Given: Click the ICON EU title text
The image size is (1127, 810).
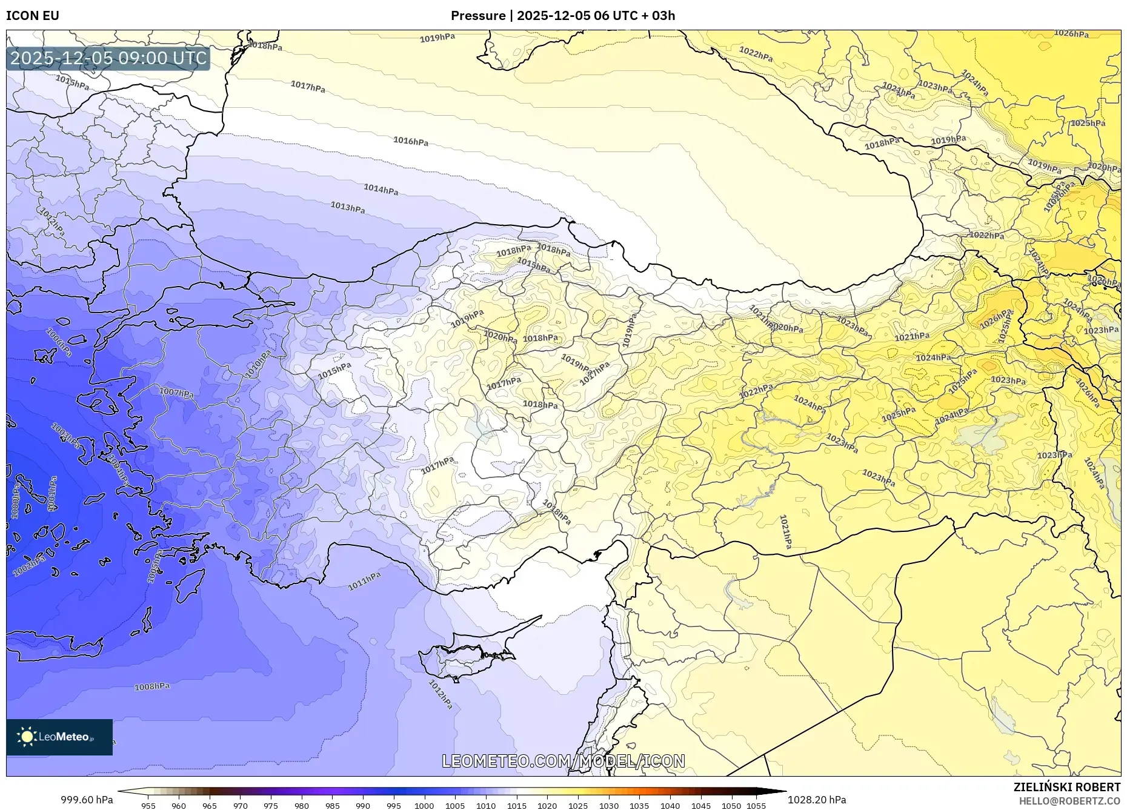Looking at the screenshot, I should point(33,16).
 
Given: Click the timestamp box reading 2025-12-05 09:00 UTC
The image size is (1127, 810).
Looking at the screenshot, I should point(108,58).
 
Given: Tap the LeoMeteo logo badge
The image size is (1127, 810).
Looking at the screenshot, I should point(59,737).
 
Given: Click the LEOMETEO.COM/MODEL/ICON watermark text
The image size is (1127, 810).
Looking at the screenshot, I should point(563,761).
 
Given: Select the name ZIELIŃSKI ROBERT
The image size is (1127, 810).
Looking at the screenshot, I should point(1066,787).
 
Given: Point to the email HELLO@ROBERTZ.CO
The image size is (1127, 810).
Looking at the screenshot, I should point(1069,801).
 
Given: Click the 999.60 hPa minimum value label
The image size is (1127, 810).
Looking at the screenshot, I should point(87,800).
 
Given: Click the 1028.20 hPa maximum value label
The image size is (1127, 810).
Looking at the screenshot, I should point(816,800).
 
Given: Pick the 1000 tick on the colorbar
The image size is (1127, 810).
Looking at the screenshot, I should point(424,806).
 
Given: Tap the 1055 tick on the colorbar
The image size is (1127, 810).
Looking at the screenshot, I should point(756,806).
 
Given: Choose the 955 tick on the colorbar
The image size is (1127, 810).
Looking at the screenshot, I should point(148,806).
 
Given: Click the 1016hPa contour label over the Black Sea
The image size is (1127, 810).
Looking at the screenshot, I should point(411,141).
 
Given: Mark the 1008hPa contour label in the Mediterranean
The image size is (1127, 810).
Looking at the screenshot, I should point(151,686).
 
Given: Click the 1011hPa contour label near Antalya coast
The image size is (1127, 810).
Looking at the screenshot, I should point(364,581).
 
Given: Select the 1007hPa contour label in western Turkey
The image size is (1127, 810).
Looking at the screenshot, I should point(176,393).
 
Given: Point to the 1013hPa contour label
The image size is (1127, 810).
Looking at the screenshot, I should point(347,207).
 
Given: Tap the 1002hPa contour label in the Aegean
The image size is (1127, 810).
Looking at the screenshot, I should point(28,566).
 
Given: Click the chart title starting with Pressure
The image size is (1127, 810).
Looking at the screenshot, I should point(563,16).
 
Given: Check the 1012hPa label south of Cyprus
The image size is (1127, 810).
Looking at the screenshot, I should point(440,694).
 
